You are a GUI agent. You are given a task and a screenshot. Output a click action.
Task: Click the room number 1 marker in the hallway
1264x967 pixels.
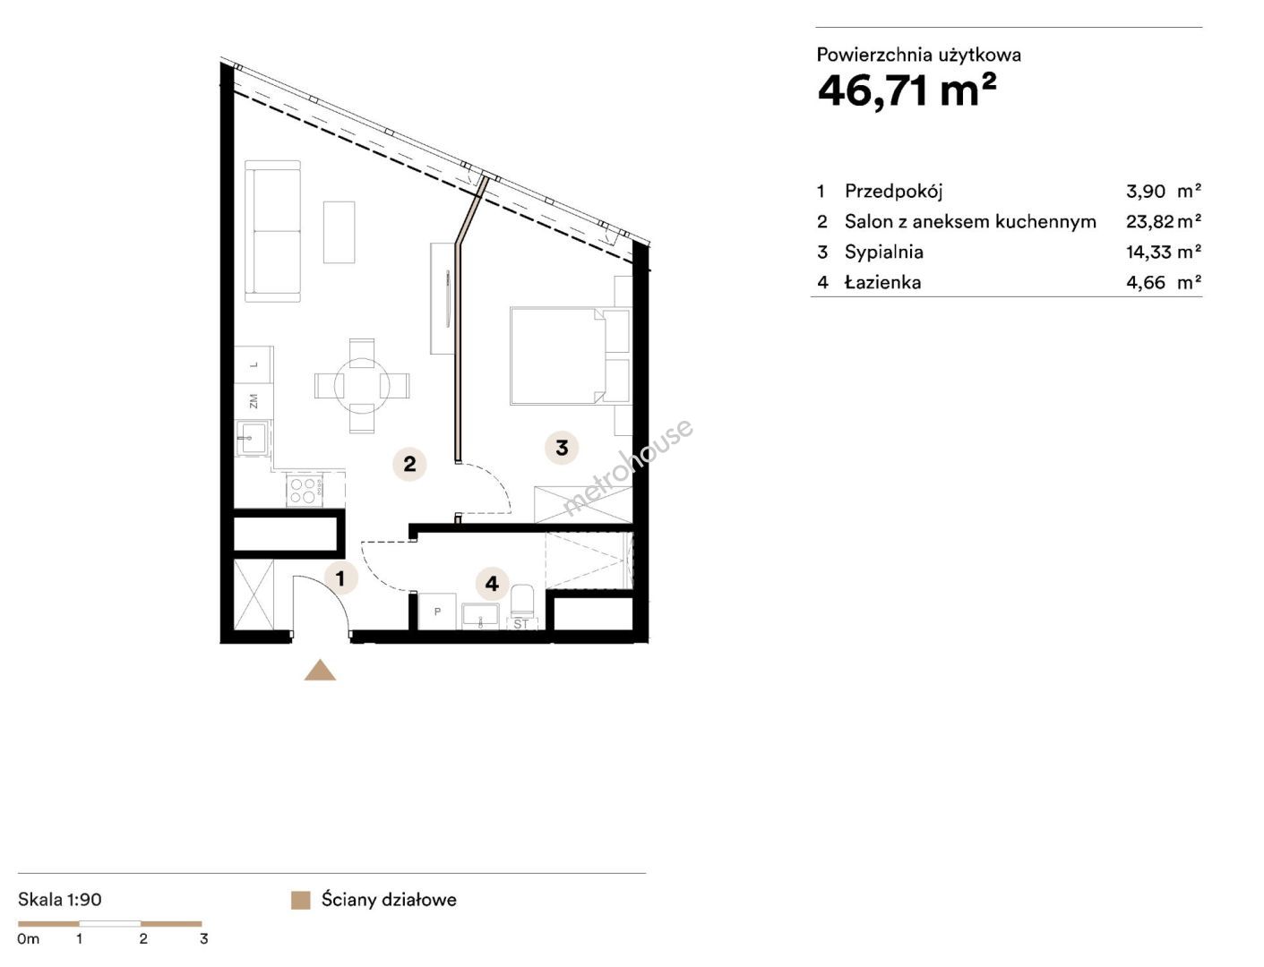click(340, 578)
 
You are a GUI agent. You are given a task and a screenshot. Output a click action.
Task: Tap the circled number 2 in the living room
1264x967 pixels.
click(409, 464)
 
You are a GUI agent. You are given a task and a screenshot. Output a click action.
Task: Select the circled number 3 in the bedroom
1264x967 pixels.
click(562, 448)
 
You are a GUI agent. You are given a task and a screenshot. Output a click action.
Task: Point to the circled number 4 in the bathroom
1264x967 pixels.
click(492, 584)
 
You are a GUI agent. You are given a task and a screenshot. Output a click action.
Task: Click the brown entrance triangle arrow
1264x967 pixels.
click(320, 671)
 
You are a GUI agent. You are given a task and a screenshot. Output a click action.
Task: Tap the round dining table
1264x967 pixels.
click(362, 386)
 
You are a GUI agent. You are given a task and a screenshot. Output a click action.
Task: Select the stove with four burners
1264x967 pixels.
click(305, 491)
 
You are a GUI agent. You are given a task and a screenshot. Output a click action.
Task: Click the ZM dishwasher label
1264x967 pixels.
click(254, 401)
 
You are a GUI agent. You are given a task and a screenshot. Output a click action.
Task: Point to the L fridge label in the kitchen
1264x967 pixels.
click(254, 364)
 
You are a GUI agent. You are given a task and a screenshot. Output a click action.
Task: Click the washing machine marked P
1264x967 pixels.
click(437, 612)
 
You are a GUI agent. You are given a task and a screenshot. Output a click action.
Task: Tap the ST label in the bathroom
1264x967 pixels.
click(521, 624)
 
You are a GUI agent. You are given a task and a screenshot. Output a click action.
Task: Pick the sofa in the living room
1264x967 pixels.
click(272, 231)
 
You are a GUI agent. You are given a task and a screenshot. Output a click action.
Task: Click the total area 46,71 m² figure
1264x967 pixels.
click(907, 91)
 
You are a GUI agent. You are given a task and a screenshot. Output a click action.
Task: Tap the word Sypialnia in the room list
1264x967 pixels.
click(884, 252)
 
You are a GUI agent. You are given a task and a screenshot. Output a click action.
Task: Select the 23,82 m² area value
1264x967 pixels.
click(1164, 221)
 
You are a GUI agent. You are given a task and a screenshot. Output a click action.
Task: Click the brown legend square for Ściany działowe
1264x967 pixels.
click(301, 900)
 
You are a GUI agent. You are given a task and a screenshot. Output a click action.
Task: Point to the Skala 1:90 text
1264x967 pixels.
click(60, 899)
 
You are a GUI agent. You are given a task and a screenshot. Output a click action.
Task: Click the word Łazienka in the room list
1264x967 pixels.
click(882, 282)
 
